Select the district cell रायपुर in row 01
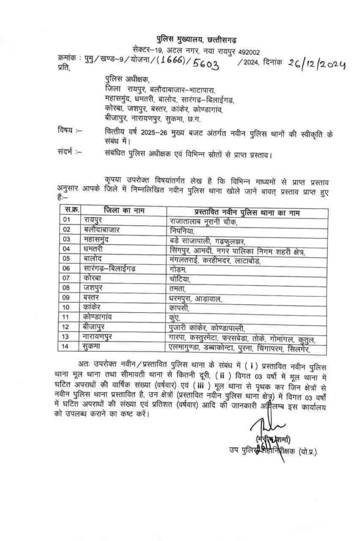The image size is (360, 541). click(94, 220)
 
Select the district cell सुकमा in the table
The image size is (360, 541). click(93, 347)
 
